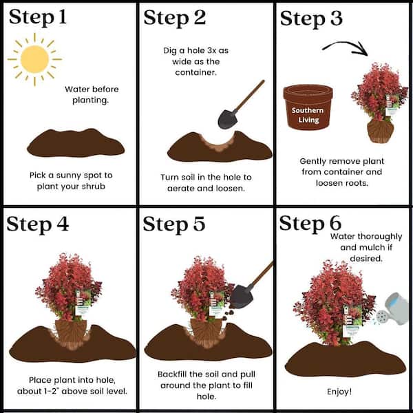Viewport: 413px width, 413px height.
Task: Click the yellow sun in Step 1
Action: click(34, 59)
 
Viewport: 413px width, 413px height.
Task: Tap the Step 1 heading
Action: click(38, 17)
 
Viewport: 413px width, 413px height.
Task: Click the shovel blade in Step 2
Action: click(228, 119)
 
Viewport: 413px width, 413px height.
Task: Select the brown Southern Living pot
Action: click(308, 107)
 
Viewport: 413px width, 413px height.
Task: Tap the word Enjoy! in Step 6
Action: click(339, 392)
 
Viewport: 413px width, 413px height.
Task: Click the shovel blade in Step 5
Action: click(242, 297)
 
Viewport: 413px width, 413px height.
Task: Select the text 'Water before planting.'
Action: click(92, 94)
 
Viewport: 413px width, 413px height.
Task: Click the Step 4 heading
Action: click(38, 224)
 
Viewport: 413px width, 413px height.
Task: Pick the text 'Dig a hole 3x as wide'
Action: click(195, 56)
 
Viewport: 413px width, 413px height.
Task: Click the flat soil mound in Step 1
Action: click(76, 143)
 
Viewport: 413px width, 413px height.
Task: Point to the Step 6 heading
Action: click(310, 223)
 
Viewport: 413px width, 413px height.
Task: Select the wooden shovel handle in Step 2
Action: click(249, 96)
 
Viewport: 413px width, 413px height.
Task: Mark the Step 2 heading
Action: click(174, 18)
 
